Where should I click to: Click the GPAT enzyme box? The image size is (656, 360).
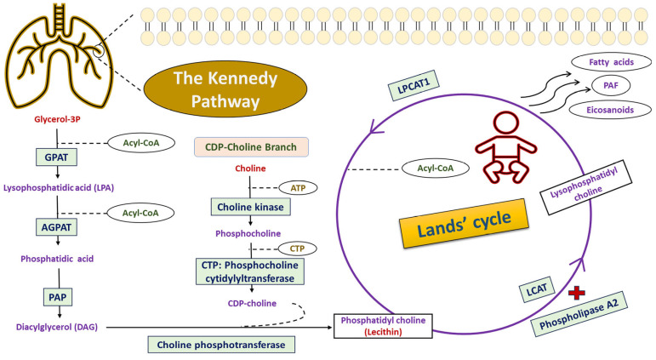(56, 157)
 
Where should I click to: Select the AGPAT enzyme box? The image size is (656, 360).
(56, 227)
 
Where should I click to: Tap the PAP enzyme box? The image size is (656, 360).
(57, 297)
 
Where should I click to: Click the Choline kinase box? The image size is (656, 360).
(251, 207)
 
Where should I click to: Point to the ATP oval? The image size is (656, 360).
(298, 188)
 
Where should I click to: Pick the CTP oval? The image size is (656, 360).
(298, 249)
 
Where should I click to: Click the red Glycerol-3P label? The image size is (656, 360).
(57, 119)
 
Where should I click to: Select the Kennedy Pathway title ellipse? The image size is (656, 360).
(225, 89)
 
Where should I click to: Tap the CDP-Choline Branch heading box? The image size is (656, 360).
(251, 147)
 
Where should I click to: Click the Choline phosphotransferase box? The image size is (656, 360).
(221, 345)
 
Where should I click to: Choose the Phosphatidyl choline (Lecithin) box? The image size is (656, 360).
(383, 326)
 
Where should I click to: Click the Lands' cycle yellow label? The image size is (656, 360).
(464, 223)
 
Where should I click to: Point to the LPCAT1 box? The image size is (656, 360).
(414, 85)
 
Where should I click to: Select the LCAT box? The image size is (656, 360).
(537, 289)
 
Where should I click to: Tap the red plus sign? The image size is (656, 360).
(577, 293)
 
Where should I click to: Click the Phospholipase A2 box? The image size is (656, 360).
(579, 313)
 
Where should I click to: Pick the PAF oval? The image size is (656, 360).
(611, 85)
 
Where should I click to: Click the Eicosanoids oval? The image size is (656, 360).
(610, 110)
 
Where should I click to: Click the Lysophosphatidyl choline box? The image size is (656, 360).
(585, 187)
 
